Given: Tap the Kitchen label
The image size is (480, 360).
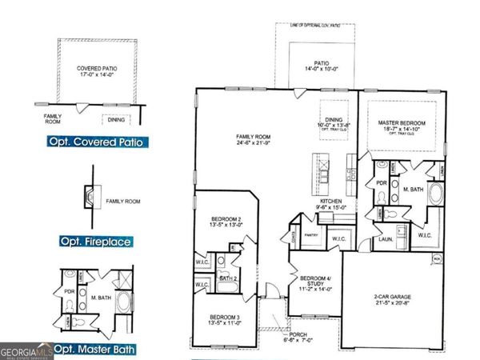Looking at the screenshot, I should coord(330,203).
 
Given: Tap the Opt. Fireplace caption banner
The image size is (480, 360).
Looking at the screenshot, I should coord(95,241).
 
